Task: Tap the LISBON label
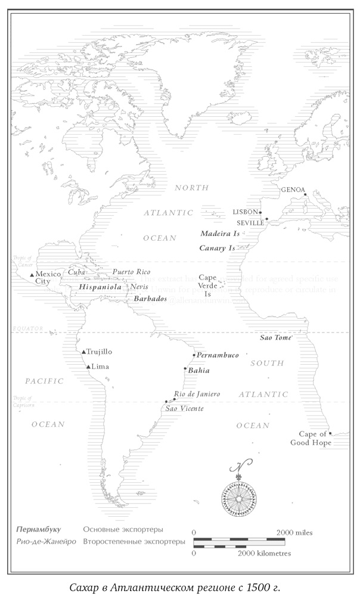[x=246, y=212]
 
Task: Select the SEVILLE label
[x=250, y=223]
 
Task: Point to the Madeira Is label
[x=219, y=234]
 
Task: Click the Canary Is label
[x=217, y=248]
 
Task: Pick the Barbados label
[x=150, y=299]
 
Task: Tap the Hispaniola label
[x=100, y=287]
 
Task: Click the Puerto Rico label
[x=132, y=272]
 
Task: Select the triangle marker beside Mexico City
[x=32, y=274]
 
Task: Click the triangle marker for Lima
[x=88, y=367]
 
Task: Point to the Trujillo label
[x=100, y=352]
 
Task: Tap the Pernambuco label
[x=218, y=355]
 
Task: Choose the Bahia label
[x=198, y=370]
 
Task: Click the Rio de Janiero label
[x=197, y=394]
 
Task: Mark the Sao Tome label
[x=275, y=338]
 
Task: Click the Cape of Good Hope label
[x=311, y=439]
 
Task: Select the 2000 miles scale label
[x=294, y=532]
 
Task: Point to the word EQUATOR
[x=24, y=328]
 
